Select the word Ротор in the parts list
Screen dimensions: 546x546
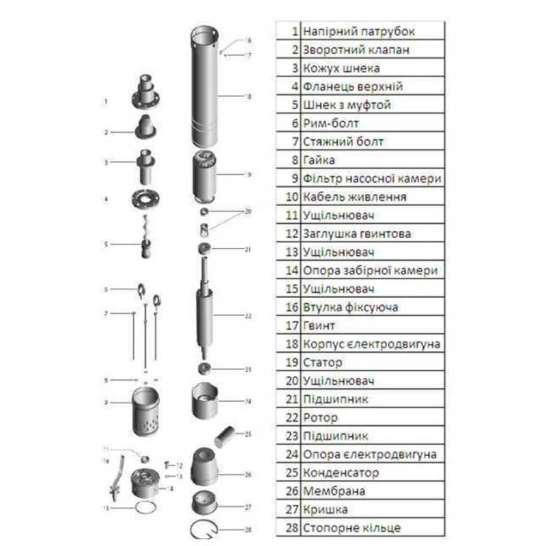point(319,418)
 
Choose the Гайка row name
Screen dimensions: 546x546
point(318,160)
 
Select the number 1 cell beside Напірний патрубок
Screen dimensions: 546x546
point(294,31)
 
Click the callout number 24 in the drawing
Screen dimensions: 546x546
point(248,401)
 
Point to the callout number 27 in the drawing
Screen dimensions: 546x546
point(248,507)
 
